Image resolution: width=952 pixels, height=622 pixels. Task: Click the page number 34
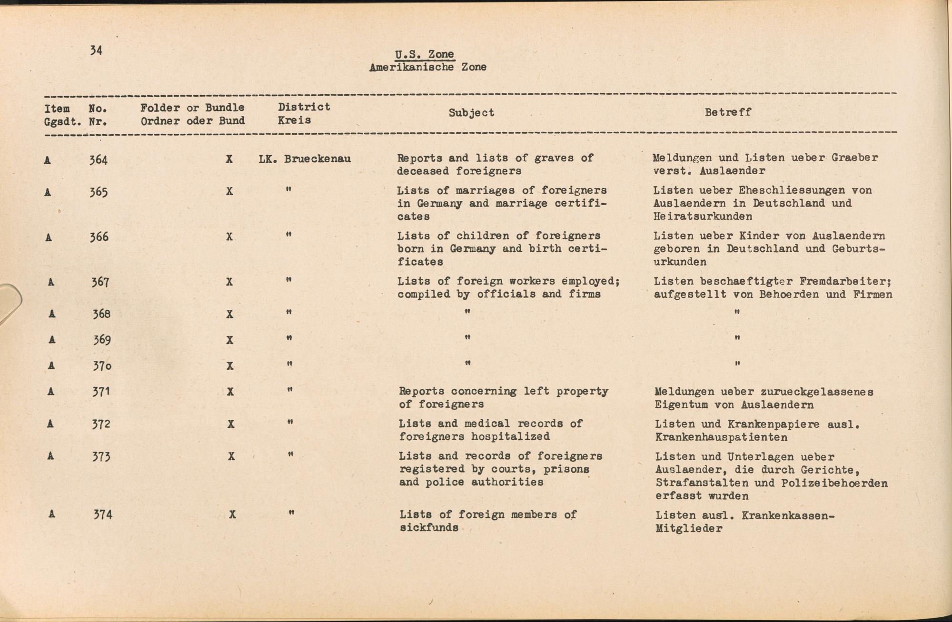pos(96,50)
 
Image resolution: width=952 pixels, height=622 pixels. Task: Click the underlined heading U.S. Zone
pos(425,54)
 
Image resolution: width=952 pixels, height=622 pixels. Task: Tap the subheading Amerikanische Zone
pos(427,67)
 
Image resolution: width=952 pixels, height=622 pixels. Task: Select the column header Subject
pos(471,113)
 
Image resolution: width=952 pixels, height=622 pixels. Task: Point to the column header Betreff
pos(728,112)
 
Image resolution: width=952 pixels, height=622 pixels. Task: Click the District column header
pos(304,107)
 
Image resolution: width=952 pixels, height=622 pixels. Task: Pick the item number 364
pos(99,159)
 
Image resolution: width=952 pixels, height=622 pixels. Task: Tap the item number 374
pos(103,514)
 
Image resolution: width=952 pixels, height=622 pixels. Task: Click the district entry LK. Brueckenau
pos(305,159)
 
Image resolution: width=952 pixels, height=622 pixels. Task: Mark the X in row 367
pos(229,282)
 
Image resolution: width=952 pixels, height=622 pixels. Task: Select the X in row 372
pos(231,424)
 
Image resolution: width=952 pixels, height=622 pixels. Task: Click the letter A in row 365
pos(48,192)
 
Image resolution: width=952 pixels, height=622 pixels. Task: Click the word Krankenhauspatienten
pos(721,437)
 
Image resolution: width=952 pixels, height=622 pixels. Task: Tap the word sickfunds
pos(429,527)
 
